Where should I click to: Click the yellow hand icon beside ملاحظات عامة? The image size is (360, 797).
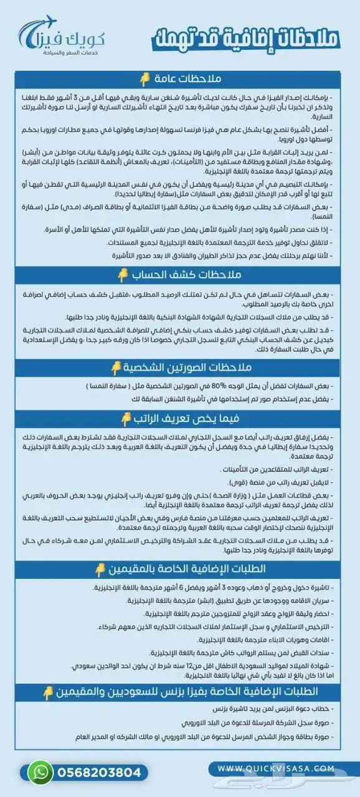click(x=144, y=78)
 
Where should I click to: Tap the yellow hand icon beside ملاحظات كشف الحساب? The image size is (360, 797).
click(x=123, y=275)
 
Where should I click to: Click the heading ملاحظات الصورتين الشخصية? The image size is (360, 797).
click(x=181, y=368)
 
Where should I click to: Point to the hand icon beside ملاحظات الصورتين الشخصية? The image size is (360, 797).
click(x=116, y=369)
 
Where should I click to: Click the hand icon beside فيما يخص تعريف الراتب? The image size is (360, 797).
click(x=126, y=418)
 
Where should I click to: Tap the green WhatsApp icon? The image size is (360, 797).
click(x=41, y=772)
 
